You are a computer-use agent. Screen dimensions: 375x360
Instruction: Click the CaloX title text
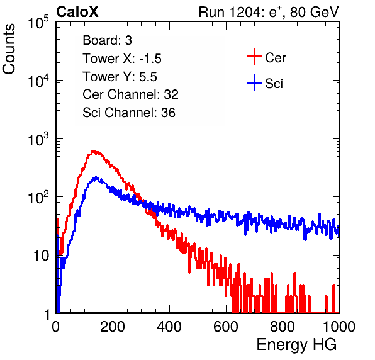[x=77, y=12]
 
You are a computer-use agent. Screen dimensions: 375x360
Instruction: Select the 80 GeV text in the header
[x=314, y=12]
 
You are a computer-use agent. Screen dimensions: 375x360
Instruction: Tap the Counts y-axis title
[x=9, y=49]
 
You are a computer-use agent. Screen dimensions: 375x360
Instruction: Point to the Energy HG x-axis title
[x=296, y=345]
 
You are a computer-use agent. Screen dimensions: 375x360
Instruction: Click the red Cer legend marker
[x=254, y=57]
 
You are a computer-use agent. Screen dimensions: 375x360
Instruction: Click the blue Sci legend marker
[x=254, y=83]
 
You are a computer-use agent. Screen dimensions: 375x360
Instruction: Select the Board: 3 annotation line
[x=107, y=40]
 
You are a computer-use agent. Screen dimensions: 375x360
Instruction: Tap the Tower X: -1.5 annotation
[x=122, y=59]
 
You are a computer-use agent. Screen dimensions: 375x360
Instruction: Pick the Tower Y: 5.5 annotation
[x=120, y=77]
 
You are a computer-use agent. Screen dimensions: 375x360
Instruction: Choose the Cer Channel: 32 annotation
[x=131, y=94]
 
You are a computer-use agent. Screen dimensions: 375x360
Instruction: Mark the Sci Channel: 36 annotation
[x=129, y=113]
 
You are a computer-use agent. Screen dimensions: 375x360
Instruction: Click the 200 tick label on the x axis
[x=113, y=327]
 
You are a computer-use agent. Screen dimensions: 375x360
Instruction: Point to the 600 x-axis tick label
[x=226, y=327]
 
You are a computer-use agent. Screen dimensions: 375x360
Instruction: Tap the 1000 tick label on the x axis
[x=339, y=327]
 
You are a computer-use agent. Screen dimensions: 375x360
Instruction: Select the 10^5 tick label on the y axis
[x=38, y=23]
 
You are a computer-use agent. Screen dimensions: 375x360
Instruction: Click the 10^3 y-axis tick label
[x=38, y=140]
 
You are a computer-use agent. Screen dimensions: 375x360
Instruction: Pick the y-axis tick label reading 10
[x=42, y=256]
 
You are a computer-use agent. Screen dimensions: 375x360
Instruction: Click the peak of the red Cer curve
[x=94, y=152]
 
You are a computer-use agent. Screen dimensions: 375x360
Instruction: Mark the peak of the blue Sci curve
[x=96, y=177]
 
